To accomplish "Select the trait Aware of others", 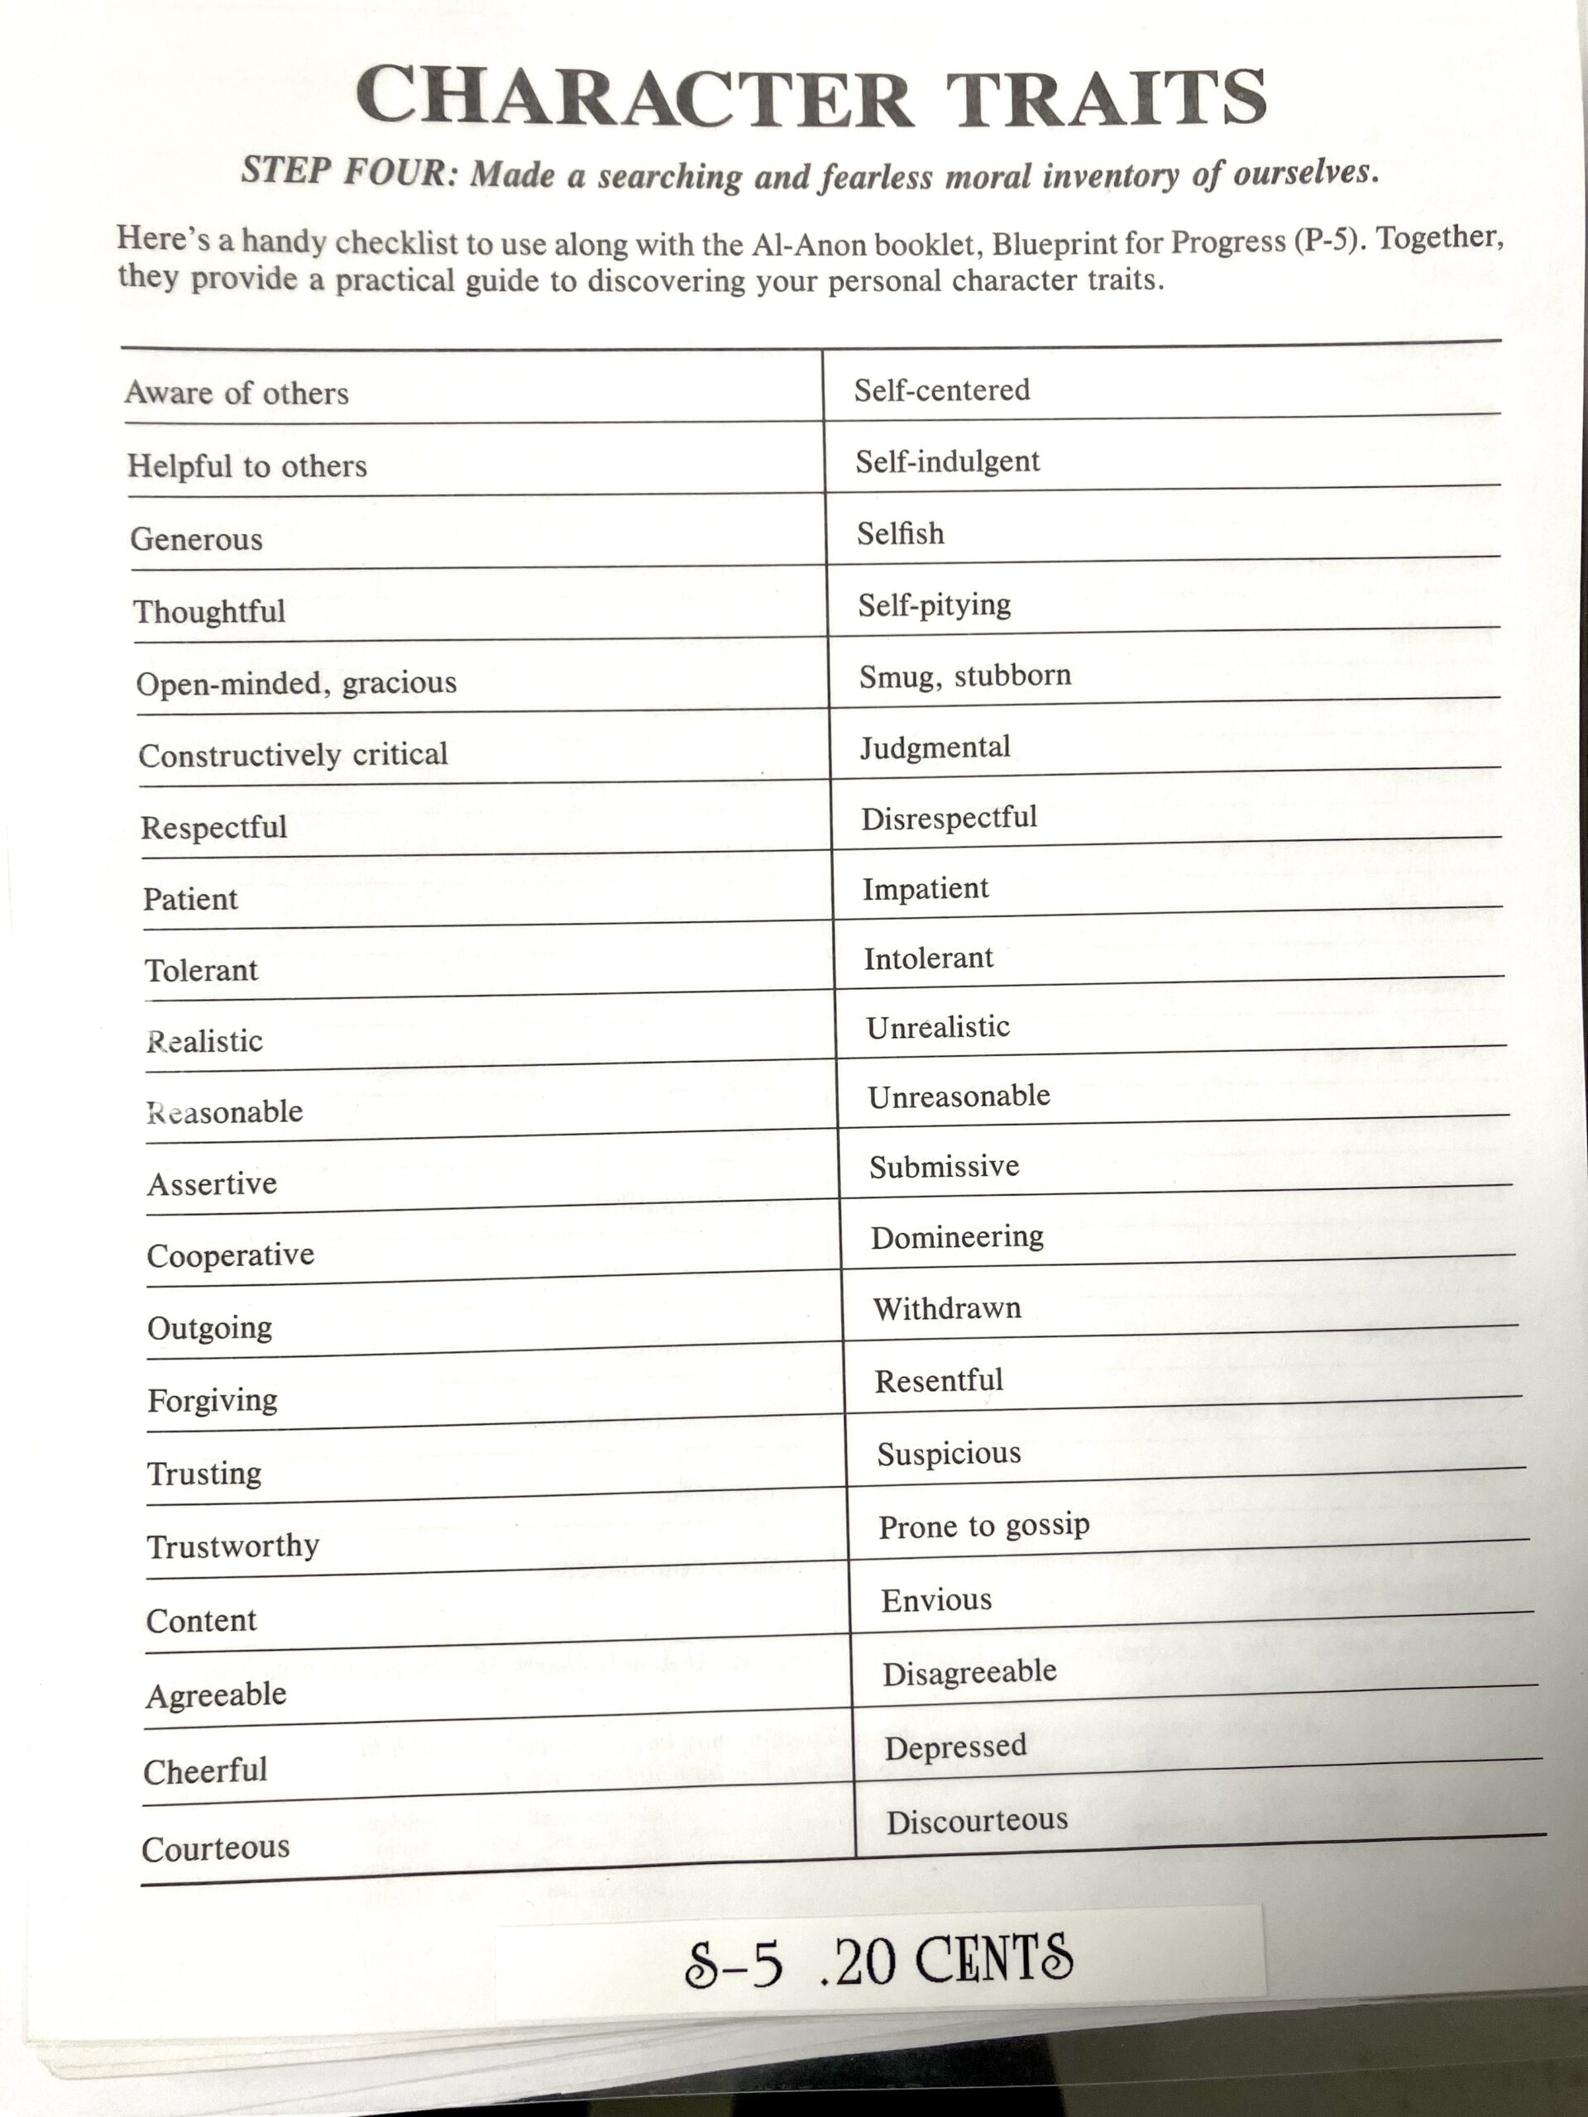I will [x=237, y=394].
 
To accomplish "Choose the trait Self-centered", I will [x=942, y=390].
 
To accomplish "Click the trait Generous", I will [x=196, y=539].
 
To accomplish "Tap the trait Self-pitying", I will [x=935, y=605].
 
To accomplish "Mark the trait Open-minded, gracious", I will [x=296, y=683].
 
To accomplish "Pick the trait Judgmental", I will [x=935, y=747].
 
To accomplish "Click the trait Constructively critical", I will [x=293, y=755].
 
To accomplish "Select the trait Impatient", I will [x=926, y=888].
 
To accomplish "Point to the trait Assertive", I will [x=212, y=1184].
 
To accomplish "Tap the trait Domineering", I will [x=957, y=1236].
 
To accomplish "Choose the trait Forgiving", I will [x=213, y=1401].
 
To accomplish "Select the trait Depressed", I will [x=955, y=1747].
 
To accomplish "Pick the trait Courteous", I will [x=215, y=1848].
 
